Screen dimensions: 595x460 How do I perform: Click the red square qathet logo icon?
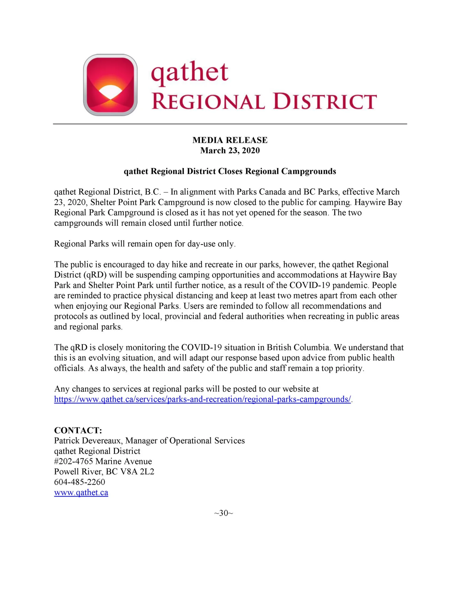(110, 85)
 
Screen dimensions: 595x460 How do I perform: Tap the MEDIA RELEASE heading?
(230, 140)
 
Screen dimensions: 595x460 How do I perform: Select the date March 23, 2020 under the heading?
(230, 151)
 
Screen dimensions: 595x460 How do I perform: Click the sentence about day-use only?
(145, 244)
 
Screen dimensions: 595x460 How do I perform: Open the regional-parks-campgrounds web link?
(202, 399)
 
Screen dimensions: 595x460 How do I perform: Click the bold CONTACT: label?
(78, 430)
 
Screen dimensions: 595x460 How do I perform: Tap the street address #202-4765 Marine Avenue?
(103, 462)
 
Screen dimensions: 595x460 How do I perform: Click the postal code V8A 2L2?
(137, 472)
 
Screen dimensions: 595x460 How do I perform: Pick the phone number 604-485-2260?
(80, 482)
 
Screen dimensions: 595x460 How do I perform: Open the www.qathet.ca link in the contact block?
(81, 493)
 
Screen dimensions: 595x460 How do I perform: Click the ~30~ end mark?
(223, 513)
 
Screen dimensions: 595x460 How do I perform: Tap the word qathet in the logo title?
(189, 73)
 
